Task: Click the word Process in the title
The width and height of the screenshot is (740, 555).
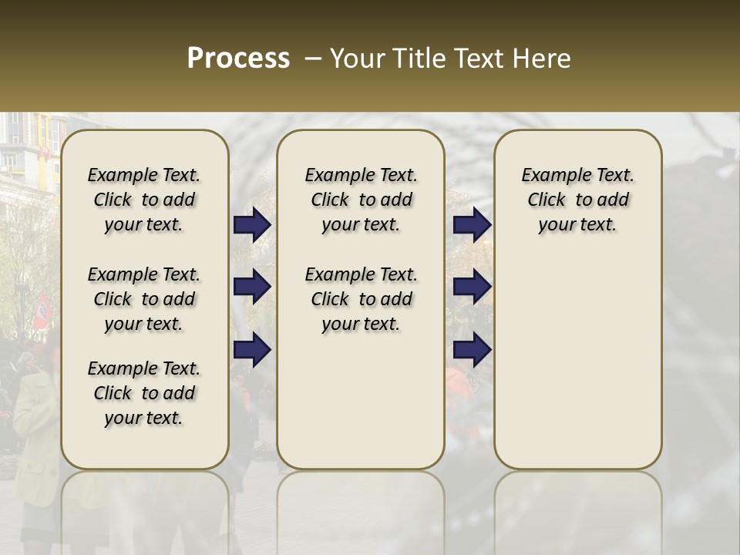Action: [238, 59]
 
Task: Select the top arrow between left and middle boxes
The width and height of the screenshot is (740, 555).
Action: [252, 224]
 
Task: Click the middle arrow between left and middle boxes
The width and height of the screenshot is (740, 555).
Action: [252, 287]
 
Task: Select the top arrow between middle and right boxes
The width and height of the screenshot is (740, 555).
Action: [472, 224]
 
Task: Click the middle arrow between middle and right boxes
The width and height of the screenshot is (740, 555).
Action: [472, 287]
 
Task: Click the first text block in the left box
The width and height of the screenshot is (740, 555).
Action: [144, 200]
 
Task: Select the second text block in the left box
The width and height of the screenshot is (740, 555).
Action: [144, 299]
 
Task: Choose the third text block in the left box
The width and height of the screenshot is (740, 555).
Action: [144, 393]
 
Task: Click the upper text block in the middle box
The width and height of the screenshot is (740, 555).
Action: [361, 200]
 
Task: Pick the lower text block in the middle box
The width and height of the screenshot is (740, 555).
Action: [361, 299]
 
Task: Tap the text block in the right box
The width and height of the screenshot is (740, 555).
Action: [578, 200]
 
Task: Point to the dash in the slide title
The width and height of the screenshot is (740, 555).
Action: [312, 59]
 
